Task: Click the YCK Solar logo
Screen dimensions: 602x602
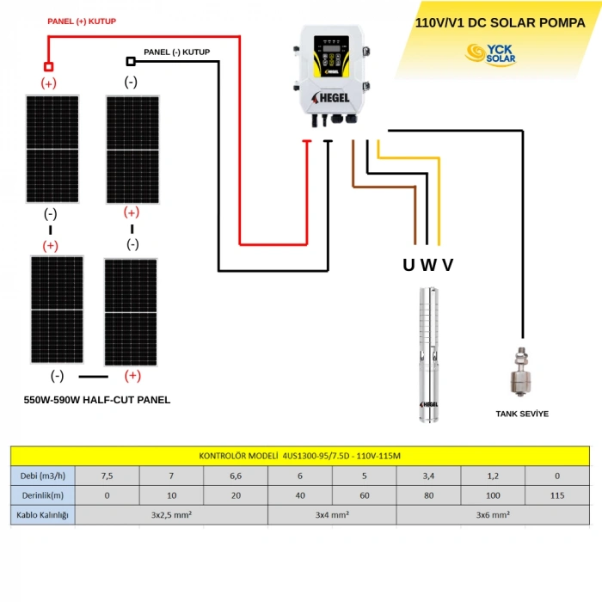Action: click(490, 54)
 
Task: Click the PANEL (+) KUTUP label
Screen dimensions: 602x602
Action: click(82, 21)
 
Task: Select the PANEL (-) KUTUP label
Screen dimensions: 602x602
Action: click(176, 52)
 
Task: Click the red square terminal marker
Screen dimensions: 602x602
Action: click(48, 66)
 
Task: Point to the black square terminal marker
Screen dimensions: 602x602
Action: click(131, 61)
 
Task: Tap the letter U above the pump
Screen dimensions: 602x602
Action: click(408, 265)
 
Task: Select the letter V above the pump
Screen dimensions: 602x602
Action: click(447, 265)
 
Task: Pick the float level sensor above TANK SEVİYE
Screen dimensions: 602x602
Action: click(520, 370)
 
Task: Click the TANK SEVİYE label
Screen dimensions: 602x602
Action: click(522, 414)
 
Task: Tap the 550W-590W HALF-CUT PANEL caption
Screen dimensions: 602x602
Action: click(97, 400)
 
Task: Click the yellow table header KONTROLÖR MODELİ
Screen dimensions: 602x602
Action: click(299, 456)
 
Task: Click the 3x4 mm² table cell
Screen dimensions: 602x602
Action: click(332, 516)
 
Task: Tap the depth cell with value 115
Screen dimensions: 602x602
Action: click(557, 496)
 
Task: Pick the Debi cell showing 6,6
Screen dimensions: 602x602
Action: click(236, 476)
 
